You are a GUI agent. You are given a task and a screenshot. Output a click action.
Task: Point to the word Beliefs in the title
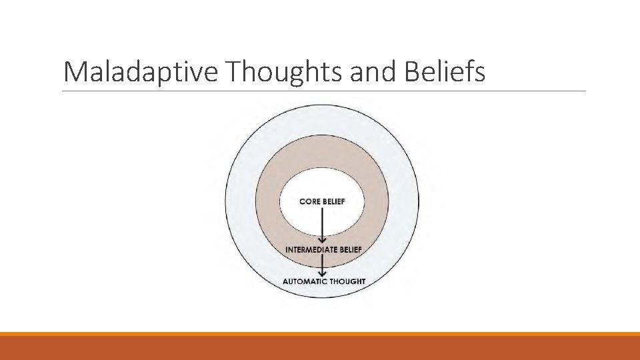pyautogui.click(x=445, y=72)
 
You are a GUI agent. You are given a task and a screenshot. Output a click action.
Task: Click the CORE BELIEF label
pyautogui.click(x=322, y=201)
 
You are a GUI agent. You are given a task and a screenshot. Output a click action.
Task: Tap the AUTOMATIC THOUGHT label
pyautogui.click(x=324, y=281)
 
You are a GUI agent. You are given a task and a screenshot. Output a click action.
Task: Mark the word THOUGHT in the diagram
pyautogui.click(x=347, y=281)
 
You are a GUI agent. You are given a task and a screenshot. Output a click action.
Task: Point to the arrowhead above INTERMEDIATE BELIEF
pyautogui.click(x=323, y=240)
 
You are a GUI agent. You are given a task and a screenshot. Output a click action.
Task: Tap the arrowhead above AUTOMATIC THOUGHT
pyautogui.click(x=323, y=273)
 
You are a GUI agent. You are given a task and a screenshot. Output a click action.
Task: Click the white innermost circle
pyautogui.click(x=322, y=187)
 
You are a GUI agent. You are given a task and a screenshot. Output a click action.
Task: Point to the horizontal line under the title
pyautogui.click(x=324, y=91)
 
